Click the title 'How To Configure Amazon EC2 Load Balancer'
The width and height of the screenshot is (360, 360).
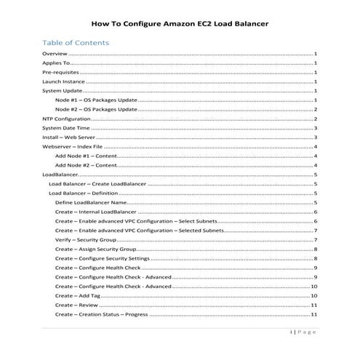pos(180,23)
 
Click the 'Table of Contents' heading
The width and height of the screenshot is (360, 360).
pos(76,42)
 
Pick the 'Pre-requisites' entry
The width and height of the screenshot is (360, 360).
pos(60,73)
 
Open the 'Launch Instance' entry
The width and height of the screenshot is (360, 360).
pos(63,83)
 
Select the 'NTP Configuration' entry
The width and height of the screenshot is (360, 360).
pos(67,118)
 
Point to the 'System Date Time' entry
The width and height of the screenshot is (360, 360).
pos(66,127)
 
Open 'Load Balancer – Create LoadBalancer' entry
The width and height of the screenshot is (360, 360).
pos(97,184)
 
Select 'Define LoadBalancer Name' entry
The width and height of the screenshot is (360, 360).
pos(97,202)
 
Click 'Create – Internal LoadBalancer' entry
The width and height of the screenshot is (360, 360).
pos(100,212)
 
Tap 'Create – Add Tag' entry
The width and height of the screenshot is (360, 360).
pos(78,296)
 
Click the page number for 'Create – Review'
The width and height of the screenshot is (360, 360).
pos(313,305)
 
